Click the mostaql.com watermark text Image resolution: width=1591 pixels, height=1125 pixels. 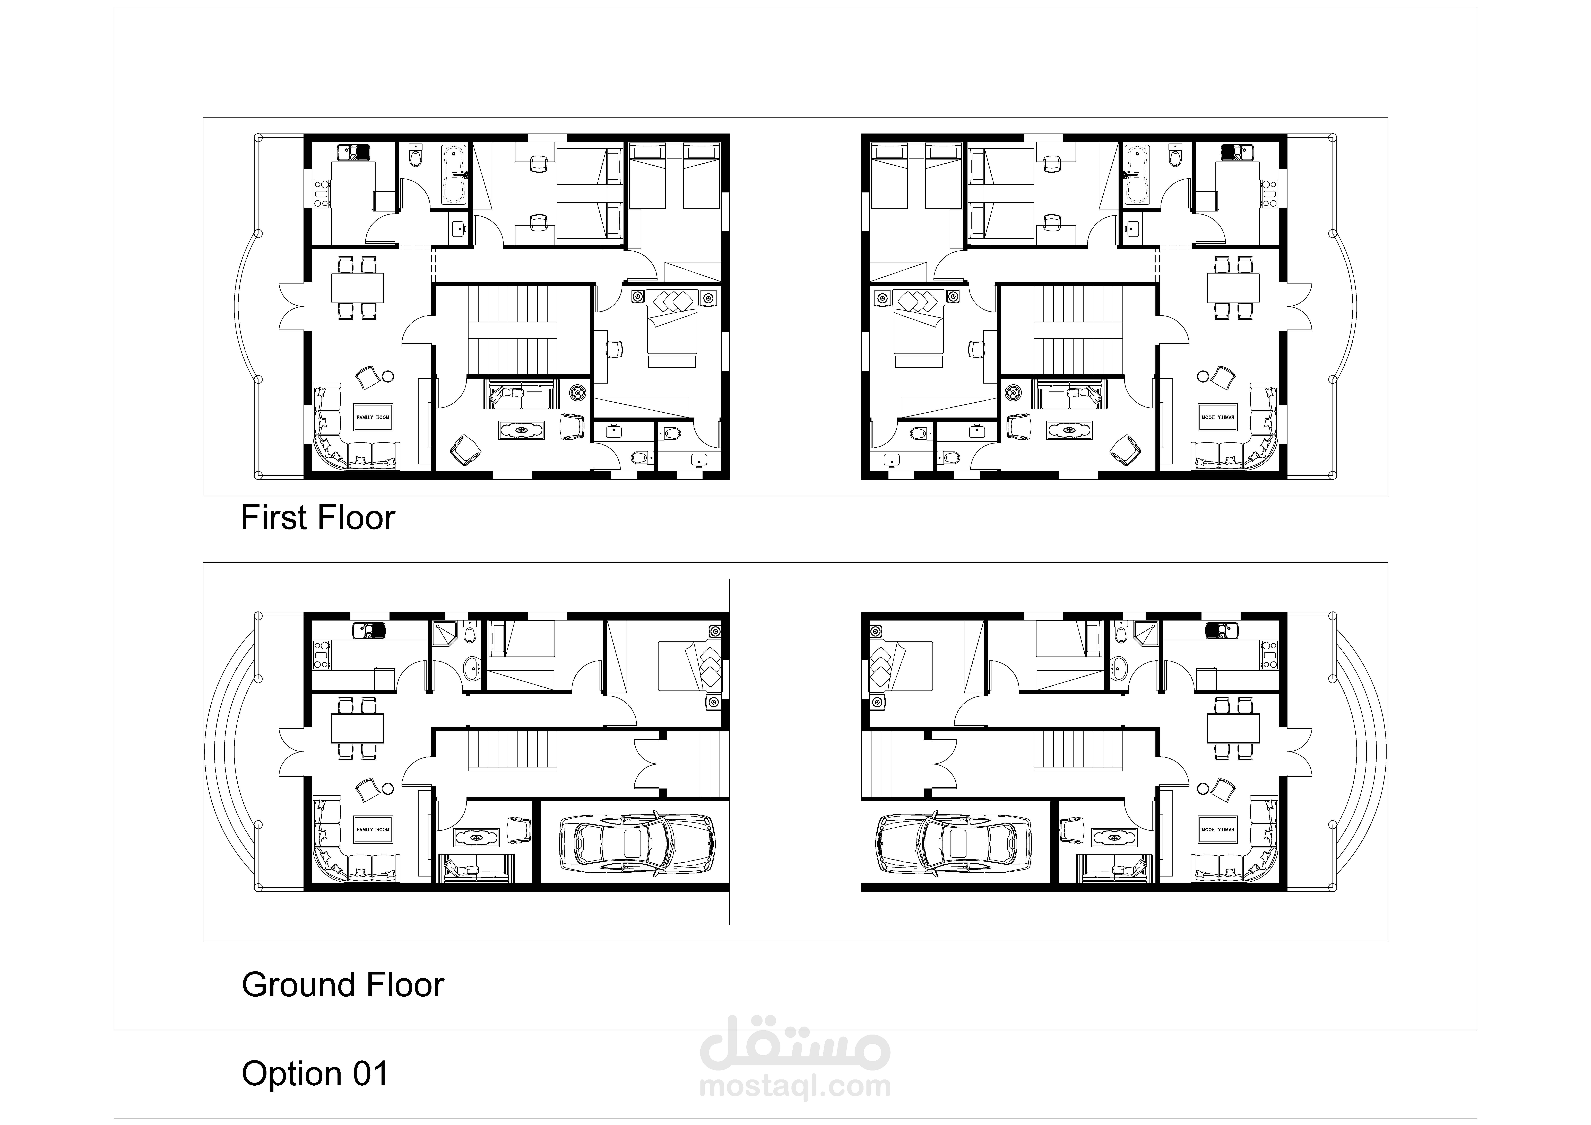click(x=795, y=1086)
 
